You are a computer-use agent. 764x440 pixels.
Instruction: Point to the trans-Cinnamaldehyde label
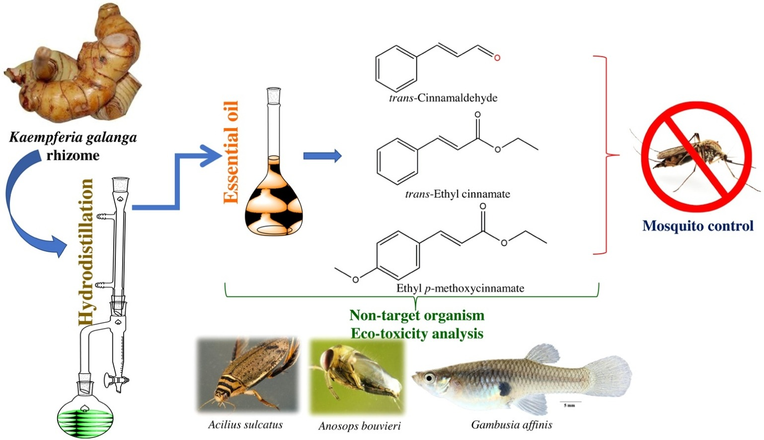(443, 97)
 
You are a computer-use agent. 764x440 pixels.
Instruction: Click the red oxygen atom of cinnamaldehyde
(497, 58)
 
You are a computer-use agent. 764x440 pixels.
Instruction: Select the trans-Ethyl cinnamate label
(458, 194)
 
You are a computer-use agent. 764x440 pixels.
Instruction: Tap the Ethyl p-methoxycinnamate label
(460, 288)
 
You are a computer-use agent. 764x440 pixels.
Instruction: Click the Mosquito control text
(698, 226)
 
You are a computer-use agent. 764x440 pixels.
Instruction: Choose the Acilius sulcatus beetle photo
(247, 375)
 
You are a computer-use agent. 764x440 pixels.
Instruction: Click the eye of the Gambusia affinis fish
(429, 378)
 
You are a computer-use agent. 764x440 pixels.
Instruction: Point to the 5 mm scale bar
(570, 401)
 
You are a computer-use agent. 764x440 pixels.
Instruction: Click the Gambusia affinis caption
(512, 425)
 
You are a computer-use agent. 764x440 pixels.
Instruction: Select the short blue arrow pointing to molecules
(322, 156)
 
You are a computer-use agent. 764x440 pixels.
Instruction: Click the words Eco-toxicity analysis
(417, 333)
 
